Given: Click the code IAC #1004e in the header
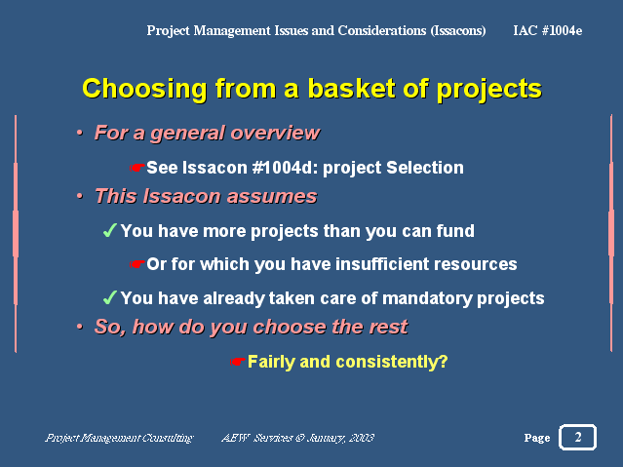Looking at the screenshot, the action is (x=548, y=30).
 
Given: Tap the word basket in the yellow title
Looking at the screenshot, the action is (x=351, y=89).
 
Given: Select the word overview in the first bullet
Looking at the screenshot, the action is (x=275, y=133).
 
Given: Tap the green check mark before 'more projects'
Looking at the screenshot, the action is (x=109, y=230).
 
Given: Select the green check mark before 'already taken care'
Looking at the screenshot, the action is (x=109, y=297).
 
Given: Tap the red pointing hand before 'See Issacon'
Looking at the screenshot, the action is (x=136, y=168).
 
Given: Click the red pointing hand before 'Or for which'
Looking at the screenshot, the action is (x=136, y=264).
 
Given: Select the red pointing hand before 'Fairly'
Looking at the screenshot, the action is (x=237, y=362).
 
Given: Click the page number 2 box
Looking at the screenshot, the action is (x=578, y=437).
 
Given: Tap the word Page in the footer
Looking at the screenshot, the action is (x=537, y=438).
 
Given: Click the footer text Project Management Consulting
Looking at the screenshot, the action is (x=119, y=438).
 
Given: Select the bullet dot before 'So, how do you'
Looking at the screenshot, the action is (x=80, y=327).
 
